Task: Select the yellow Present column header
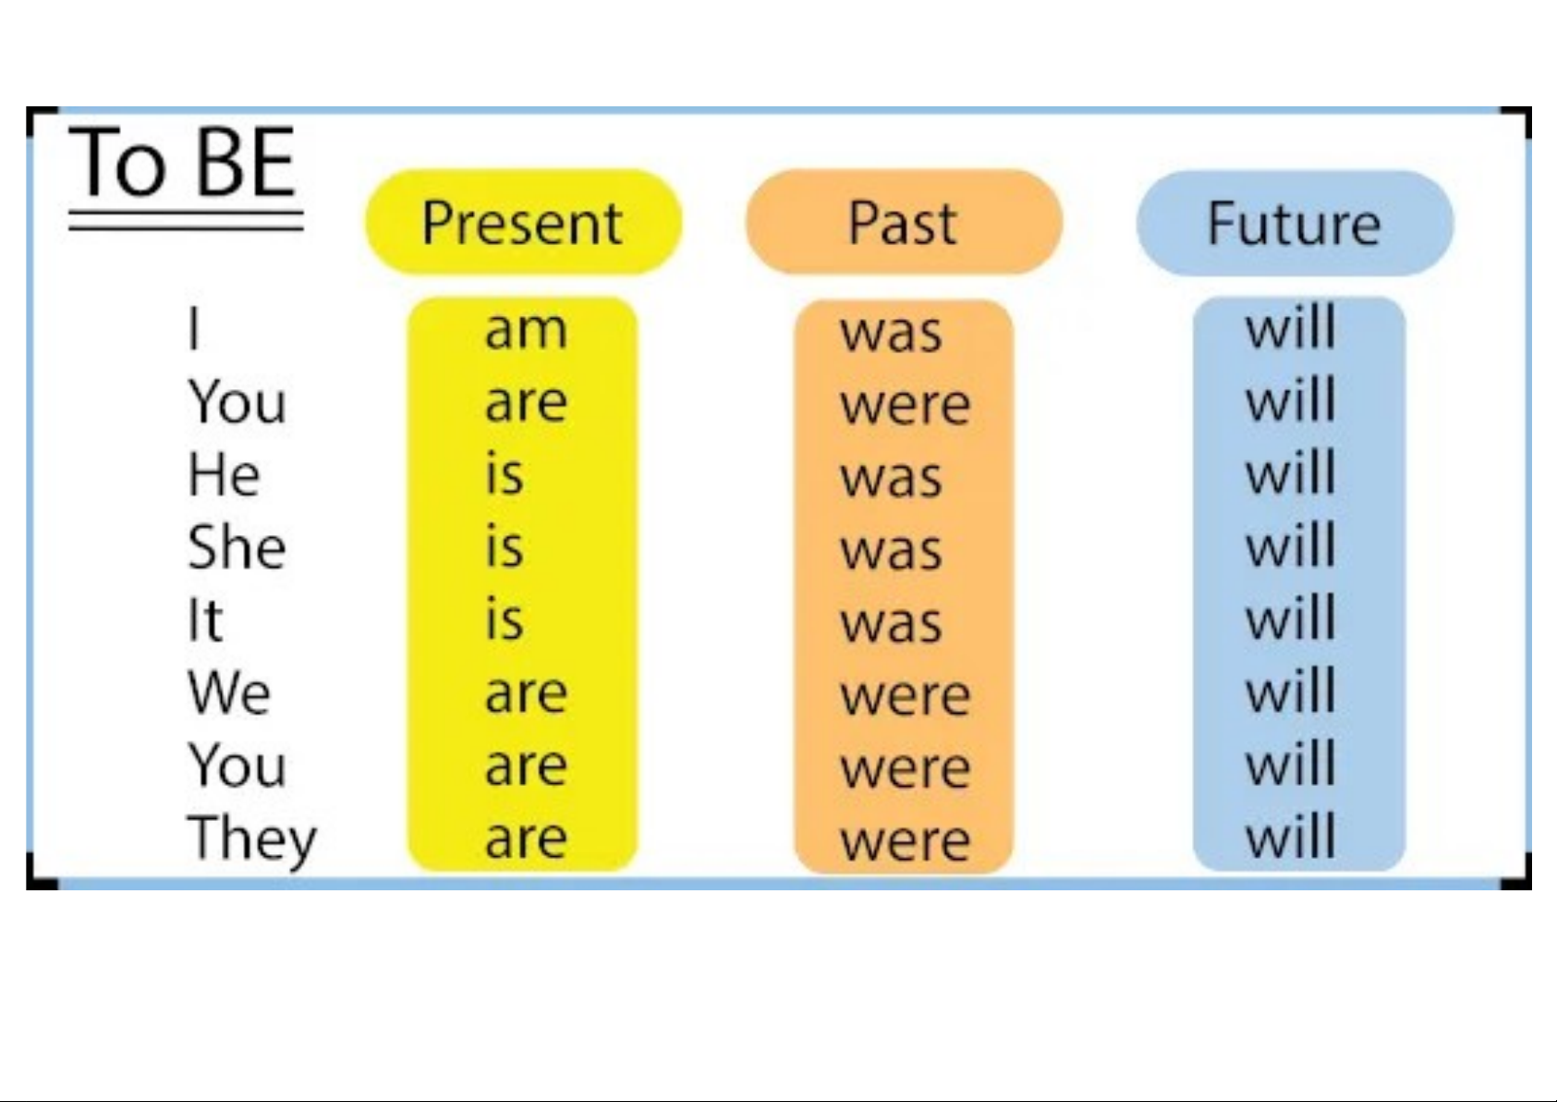point(523,222)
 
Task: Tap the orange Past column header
point(904,222)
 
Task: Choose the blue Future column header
point(1295,223)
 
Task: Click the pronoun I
point(195,329)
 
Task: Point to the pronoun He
point(224,474)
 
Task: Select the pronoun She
point(237,547)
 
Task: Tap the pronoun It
point(205,619)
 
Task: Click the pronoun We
point(229,692)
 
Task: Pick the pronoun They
point(251,839)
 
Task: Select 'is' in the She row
point(505,545)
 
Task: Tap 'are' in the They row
point(526,839)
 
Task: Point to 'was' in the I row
point(891,333)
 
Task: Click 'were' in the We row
point(905,697)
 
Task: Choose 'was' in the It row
point(891,624)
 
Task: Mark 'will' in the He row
point(1291,471)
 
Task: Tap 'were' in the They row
point(905,842)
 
